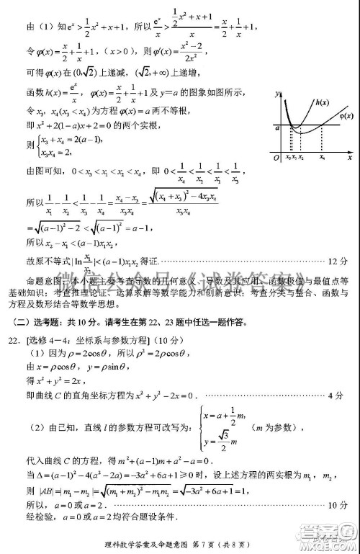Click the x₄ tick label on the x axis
(321, 156)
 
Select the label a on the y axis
(276, 127)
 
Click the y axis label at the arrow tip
(278, 94)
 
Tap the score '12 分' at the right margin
(338, 259)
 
